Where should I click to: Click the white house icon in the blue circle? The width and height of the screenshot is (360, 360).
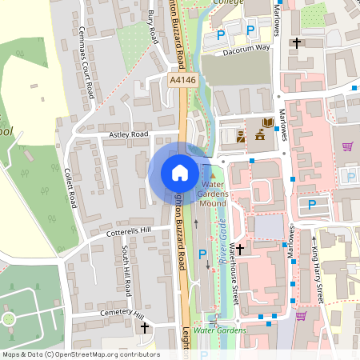[180, 173]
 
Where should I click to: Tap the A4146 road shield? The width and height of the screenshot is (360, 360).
[182, 80]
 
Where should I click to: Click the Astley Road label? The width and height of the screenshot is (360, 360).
[130, 134]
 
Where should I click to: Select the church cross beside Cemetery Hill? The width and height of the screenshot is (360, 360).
[145, 327]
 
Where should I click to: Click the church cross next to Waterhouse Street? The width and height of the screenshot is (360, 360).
[239, 250]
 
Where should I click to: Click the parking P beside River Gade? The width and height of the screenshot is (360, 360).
[202, 255]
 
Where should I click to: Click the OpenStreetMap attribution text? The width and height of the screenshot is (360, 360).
[80, 354]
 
